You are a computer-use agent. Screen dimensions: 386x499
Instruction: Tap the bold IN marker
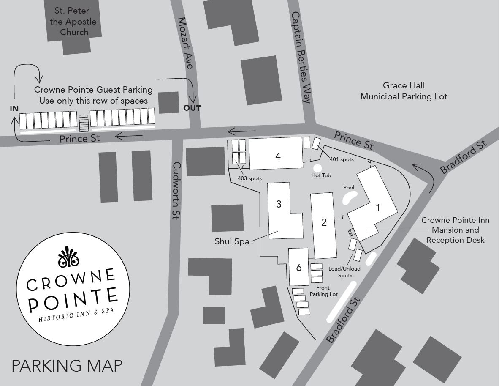click(14, 109)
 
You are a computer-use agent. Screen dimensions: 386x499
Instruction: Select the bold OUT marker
click(192, 108)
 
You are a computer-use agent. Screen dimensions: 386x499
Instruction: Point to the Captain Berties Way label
click(301, 57)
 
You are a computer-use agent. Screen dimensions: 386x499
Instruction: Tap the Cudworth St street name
click(176, 191)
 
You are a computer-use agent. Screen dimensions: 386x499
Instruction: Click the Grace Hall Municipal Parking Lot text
click(404, 91)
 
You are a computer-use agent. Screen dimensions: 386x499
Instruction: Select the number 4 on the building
click(278, 156)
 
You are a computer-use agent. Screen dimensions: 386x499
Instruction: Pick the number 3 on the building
click(279, 204)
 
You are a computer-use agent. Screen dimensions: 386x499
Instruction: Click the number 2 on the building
click(324, 222)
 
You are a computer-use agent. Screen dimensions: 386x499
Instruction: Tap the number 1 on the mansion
click(378, 208)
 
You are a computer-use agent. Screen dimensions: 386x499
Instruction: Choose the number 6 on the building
click(299, 268)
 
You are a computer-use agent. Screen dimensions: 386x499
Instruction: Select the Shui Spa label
click(230, 241)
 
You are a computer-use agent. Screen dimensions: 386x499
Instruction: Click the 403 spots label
click(249, 178)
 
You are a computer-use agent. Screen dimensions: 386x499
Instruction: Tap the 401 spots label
click(342, 160)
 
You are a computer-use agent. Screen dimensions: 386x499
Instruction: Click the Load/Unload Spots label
click(344, 272)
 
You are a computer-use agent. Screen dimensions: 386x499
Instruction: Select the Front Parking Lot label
click(324, 291)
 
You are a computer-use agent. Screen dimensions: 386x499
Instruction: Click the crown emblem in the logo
click(68, 257)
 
